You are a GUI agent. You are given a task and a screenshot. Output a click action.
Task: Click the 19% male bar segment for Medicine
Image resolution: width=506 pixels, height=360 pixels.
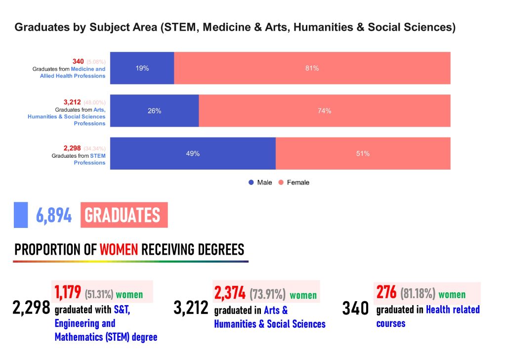click(142, 68)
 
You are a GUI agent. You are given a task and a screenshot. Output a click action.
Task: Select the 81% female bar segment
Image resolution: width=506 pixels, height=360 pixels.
click(312, 68)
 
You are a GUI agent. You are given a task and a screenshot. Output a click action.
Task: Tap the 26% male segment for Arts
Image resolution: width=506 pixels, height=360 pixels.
click(154, 111)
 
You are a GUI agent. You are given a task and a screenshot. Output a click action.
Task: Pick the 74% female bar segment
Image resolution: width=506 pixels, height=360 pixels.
click(324, 111)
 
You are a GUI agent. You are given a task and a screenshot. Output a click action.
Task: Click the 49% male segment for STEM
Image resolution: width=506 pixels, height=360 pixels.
click(193, 153)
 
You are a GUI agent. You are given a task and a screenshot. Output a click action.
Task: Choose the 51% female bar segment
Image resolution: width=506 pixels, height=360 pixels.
click(363, 153)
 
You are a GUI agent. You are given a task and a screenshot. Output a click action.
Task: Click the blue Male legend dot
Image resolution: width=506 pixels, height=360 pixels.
click(251, 182)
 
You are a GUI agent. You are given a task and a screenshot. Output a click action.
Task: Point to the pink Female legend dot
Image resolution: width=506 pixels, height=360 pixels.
click(281, 182)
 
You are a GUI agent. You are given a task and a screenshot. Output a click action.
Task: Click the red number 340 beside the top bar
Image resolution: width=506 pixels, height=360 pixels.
click(78, 61)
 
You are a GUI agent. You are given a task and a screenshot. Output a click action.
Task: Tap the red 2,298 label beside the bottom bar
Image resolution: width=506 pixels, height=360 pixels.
click(72, 148)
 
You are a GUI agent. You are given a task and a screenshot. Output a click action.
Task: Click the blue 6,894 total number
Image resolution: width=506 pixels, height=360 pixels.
click(54, 216)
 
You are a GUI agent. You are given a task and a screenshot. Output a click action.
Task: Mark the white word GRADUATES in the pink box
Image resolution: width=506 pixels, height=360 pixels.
click(123, 216)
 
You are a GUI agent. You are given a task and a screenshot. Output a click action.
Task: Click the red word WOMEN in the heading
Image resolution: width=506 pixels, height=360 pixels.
click(119, 249)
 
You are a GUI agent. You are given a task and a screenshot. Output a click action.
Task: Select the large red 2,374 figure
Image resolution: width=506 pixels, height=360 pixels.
click(230, 293)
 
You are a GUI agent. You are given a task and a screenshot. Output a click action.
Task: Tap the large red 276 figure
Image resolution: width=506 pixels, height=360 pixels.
click(386, 292)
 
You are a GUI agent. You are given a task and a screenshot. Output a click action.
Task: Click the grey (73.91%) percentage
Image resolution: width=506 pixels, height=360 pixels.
click(267, 295)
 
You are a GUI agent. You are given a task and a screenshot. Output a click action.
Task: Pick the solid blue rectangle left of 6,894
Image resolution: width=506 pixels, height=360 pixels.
click(21, 215)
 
